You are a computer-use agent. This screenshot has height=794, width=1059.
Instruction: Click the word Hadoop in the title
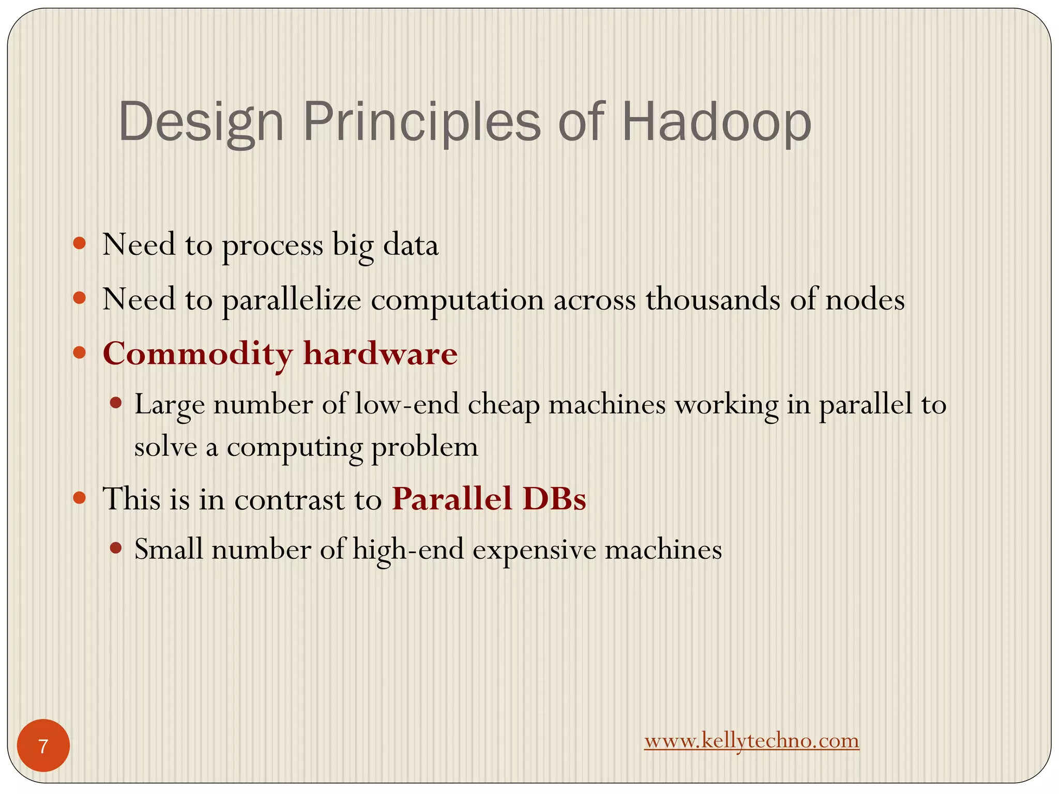(716, 123)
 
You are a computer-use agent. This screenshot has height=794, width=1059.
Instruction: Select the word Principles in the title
(421, 123)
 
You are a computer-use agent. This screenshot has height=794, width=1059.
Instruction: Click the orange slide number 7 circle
(43, 746)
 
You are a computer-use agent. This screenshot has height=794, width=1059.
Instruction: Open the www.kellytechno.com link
(751, 741)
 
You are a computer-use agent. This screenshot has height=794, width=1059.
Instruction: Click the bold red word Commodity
(198, 355)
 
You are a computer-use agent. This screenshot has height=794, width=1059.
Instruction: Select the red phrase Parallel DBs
(489, 499)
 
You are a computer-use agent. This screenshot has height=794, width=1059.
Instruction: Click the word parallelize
(292, 300)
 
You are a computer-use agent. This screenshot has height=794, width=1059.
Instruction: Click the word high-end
(408, 549)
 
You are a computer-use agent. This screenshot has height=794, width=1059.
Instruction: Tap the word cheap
(504, 405)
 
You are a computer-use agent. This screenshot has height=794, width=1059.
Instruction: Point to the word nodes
(865, 299)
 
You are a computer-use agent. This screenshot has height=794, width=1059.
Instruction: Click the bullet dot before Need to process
(79, 243)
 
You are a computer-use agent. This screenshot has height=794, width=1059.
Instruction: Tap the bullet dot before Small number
(116, 547)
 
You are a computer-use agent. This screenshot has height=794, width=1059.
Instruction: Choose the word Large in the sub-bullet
(169, 405)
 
